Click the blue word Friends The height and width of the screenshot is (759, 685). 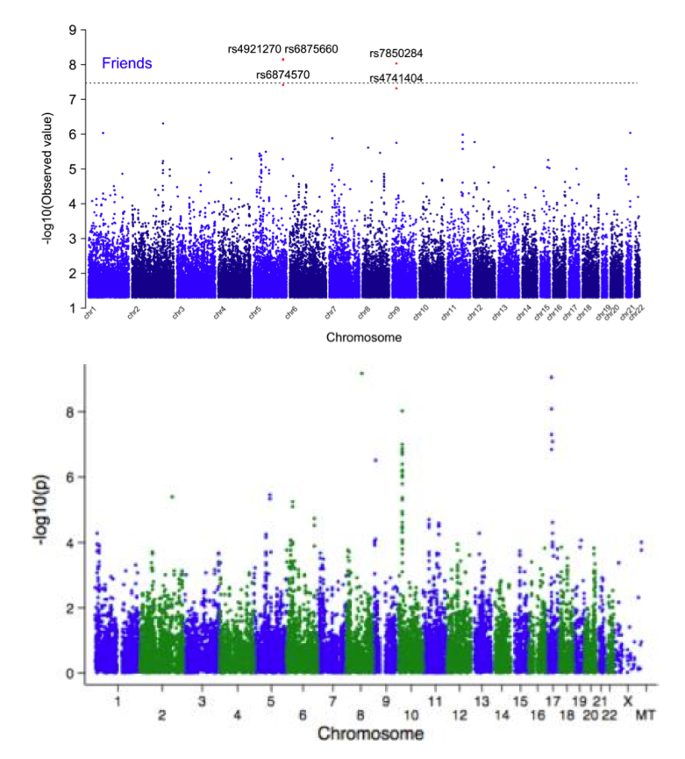tap(127, 63)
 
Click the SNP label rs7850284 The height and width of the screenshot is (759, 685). tap(396, 54)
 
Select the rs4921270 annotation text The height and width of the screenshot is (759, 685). tap(254, 49)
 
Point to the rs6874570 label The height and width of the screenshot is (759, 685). tap(282, 75)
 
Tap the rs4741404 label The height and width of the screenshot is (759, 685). tap(396, 78)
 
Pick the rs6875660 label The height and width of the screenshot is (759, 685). tap(311, 49)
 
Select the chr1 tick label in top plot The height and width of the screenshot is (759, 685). tap(89, 313)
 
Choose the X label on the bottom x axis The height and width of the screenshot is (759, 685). tap(627, 701)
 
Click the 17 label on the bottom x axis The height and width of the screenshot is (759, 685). tap(552, 701)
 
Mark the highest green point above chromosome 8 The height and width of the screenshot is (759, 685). tap(361, 373)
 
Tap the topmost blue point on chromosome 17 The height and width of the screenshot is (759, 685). tap(551, 377)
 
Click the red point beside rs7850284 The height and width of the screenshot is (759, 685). tap(396, 63)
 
